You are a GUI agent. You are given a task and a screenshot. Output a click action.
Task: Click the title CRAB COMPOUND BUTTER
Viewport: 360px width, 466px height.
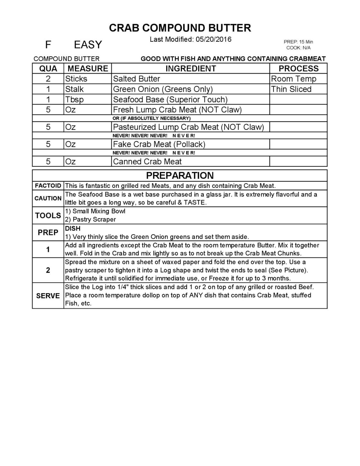click(180, 28)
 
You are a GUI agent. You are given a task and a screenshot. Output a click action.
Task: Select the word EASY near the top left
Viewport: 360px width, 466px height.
click(88, 45)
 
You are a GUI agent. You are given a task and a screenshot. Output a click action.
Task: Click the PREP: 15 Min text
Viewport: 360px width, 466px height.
click(298, 42)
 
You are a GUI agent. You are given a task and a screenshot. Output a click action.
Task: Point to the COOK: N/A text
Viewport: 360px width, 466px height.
click(298, 48)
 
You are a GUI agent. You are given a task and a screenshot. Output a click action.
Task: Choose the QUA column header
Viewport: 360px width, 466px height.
click(48, 68)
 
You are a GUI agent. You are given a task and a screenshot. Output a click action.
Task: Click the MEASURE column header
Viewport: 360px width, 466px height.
click(88, 68)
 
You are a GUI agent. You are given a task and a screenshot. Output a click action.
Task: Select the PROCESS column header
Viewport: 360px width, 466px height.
click(298, 68)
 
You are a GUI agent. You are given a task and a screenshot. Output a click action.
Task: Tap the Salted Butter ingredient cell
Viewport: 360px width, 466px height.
click(137, 79)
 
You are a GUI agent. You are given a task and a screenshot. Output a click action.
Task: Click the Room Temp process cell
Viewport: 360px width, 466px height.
click(293, 79)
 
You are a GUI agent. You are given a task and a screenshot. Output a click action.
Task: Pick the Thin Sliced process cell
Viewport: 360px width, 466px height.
click(291, 89)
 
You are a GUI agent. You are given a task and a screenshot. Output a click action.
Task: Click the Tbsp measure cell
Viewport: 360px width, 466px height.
click(74, 100)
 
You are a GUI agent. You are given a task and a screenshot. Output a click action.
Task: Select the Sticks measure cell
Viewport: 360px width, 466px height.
click(76, 79)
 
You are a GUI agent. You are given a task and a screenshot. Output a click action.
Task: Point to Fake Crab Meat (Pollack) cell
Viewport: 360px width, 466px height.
click(159, 144)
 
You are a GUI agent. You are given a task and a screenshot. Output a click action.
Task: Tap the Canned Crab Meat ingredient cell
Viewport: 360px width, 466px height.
click(147, 162)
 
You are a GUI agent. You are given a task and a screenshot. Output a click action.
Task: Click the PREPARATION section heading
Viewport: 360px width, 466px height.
click(180, 176)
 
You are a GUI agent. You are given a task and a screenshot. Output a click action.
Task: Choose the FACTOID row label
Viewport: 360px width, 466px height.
click(48, 186)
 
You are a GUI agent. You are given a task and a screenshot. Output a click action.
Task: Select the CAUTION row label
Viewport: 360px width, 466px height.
click(48, 198)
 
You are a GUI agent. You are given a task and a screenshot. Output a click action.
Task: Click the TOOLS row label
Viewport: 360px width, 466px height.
click(48, 215)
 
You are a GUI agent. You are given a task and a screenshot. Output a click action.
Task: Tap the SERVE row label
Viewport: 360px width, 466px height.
click(48, 296)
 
